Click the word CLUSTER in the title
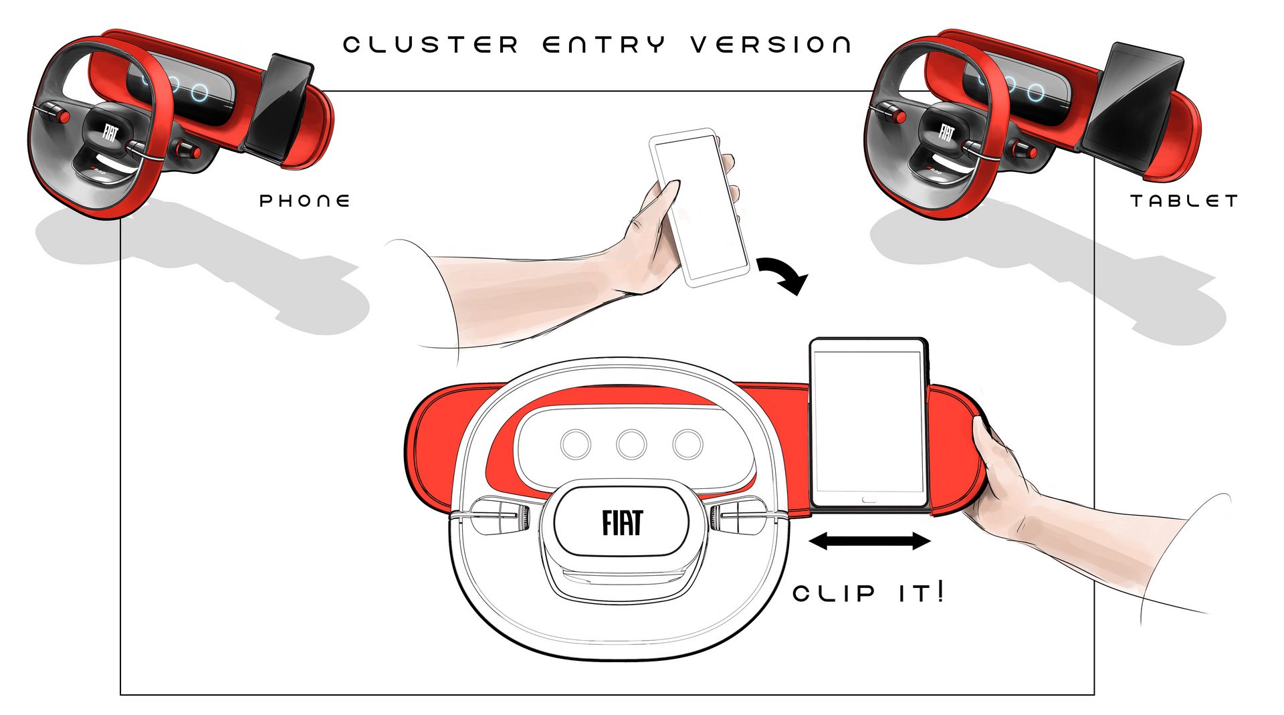pos(431,45)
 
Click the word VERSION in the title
pos(770,45)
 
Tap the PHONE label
pos(305,201)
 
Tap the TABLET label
pos(1184,201)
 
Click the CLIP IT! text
pos(868,592)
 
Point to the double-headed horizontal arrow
pos(869,541)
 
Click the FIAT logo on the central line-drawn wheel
pos(622,523)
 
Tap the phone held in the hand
pos(699,207)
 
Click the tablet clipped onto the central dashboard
pos(868,425)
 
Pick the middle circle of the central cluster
pos(631,443)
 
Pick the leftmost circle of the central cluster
pos(576,443)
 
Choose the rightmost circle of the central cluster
pos(687,443)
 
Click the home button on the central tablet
pos(869,499)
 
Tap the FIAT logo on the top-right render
pos(946,132)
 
